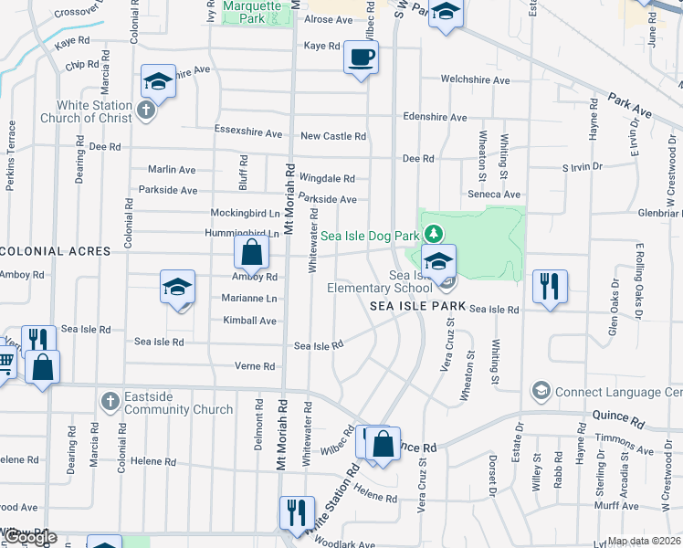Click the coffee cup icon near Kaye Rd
(x=361, y=58)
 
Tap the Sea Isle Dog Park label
(x=369, y=236)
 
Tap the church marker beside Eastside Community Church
(x=110, y=402)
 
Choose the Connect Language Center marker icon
(x=541, y=392)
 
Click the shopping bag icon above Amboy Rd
(x=251, y=251)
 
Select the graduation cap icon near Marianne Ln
(x=177, y=288)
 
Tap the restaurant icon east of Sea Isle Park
(x=550, y=285)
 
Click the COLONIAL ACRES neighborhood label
(x=56, y=251)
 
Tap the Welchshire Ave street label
(x=475, y=80)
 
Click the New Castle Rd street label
(x=333, y=136)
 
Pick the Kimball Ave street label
(x=249, y=321)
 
